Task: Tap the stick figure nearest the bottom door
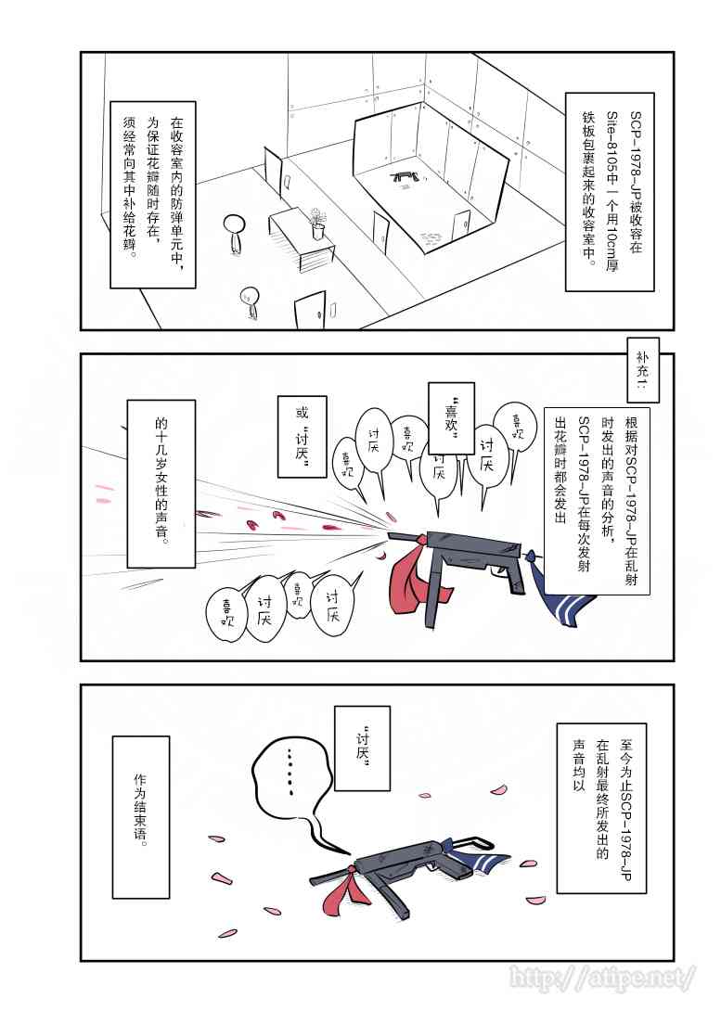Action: [249, 301]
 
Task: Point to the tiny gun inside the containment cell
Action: [406, 175]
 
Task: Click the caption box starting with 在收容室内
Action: [153, 194]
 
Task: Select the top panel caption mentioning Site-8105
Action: [610, 191]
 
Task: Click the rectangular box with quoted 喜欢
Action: [451, 418]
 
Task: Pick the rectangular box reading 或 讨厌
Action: [302, 437]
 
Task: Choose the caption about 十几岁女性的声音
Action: [161, 483]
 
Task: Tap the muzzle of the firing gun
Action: [392, 533]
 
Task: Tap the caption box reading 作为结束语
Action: [141, 817]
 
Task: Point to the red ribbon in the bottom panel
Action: [345, 887]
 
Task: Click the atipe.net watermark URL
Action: [602, 977]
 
